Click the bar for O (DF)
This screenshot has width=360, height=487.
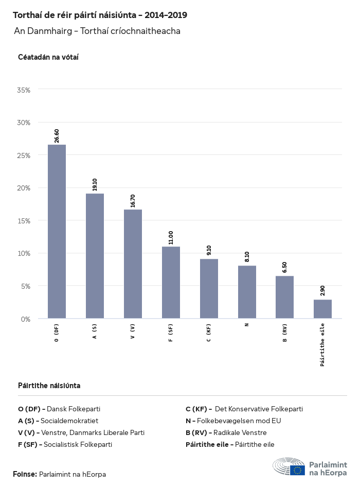point(57,232)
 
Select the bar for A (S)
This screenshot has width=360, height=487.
point(95,256)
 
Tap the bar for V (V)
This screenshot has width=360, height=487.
point(133,264)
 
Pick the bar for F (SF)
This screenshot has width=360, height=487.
point(171,282)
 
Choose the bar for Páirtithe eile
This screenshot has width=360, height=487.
point(322,309)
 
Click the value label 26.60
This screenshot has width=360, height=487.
point(57,136)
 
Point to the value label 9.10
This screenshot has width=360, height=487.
point(209,251)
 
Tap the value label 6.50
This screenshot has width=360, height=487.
point(284,268)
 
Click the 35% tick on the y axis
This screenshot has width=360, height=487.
point(24,90)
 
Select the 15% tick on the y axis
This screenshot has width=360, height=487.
point(24,221)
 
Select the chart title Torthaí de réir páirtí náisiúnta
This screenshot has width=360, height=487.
point(100,15)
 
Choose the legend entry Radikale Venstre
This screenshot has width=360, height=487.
point(240,432)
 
